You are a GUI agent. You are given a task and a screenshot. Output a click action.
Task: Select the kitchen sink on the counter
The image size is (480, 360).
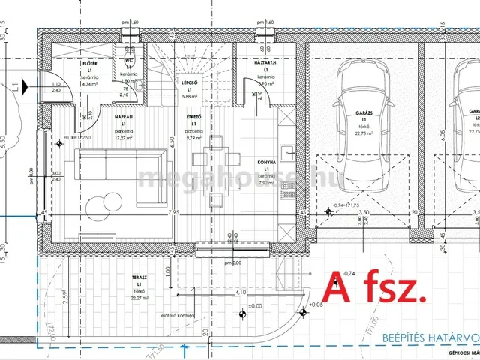[288, 157]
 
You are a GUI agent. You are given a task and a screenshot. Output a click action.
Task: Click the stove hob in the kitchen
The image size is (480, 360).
[288, 193]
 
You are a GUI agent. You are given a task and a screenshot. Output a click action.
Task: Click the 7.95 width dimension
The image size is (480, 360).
[174, 213]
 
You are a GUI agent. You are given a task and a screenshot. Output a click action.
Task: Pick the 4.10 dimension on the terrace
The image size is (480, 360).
[241, 292]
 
